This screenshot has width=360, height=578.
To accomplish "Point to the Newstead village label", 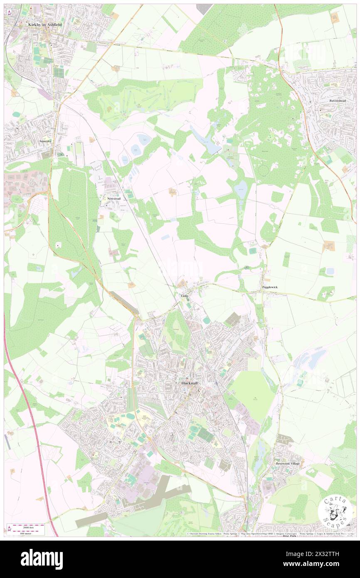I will (114, 199).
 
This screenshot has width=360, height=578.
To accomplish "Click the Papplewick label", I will (270, 287).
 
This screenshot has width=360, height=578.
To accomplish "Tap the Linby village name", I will (185, 296).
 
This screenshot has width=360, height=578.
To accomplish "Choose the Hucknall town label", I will (191, 383).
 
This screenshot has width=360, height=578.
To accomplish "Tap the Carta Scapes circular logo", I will (335, 511).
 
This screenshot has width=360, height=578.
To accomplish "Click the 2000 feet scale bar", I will (26, 526).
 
